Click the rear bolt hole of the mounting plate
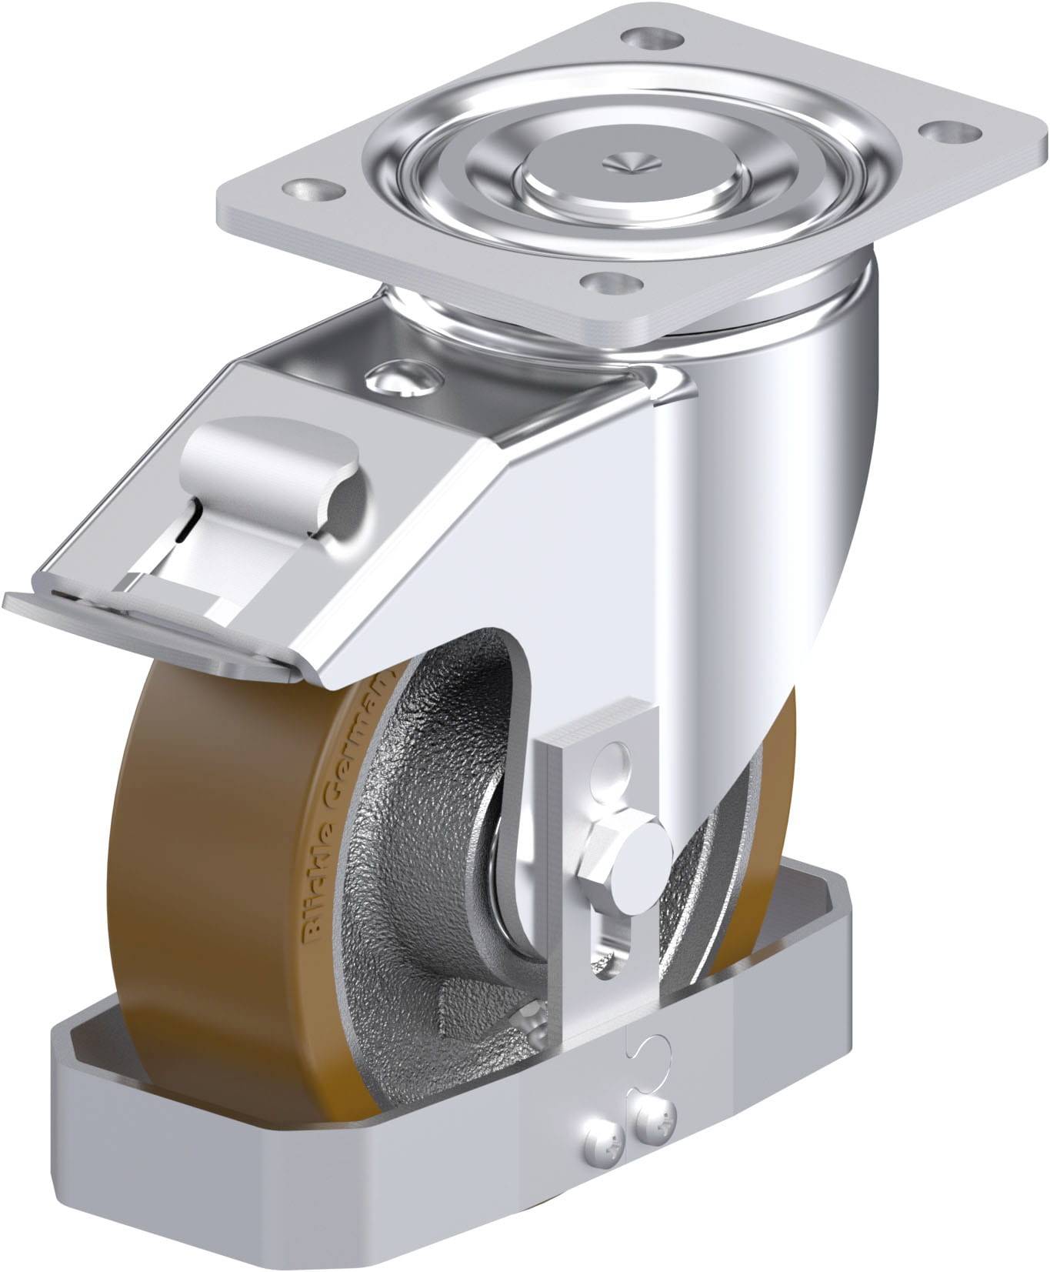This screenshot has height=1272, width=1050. coord(652,36)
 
